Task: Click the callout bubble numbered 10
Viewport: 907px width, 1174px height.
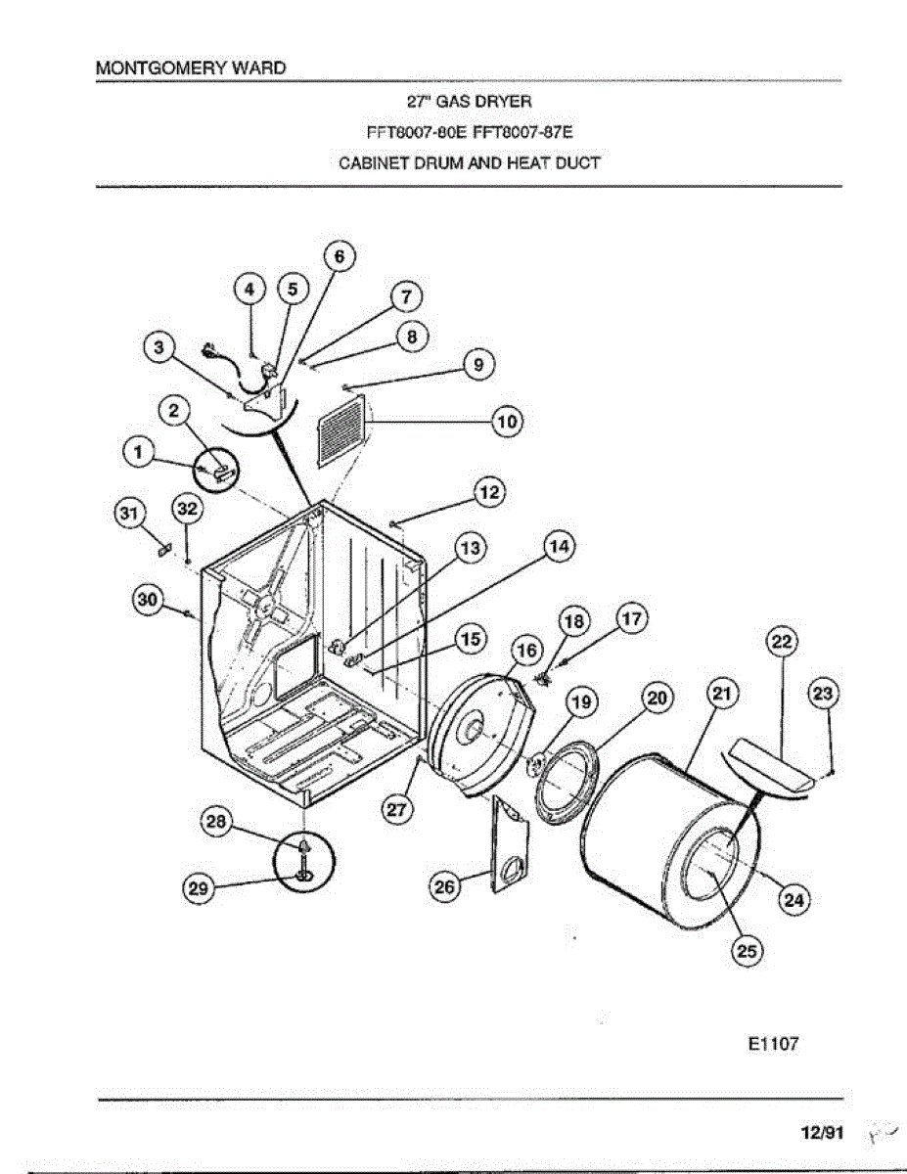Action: [x=506, y=423]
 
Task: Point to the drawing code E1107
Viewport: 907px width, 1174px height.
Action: [x=773, y=1044]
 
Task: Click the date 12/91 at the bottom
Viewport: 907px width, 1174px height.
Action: [x=822, y=1132]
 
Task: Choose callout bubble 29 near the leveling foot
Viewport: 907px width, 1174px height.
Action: [x=200, y=888]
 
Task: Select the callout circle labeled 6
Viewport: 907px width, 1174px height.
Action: [x=339, y=257]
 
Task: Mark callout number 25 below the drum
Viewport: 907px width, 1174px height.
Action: [x=748, y=950]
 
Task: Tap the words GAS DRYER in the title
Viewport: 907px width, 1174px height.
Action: [x=488, y=101]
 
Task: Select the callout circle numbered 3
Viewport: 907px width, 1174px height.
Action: [x=160, y=345]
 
